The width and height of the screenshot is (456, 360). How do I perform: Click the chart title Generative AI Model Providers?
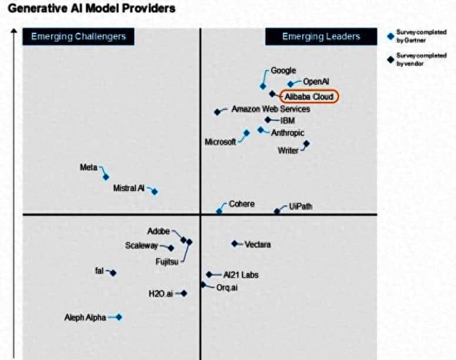coord(91,9)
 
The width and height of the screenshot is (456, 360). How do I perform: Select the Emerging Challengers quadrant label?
coord(78,36)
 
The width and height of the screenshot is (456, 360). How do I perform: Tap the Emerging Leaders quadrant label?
coord(321,36)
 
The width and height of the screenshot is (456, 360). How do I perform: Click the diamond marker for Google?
coord(263,86)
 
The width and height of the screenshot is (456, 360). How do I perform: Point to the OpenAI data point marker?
coord(291,84)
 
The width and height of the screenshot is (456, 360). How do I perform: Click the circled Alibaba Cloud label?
coord(309,96)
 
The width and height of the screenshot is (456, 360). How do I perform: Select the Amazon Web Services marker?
coord(217,112)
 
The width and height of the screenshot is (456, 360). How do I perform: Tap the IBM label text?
coord(288,121)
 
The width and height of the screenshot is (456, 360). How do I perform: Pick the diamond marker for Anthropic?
coord(261,130)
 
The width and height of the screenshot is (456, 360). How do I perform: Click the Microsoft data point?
coord(247,133)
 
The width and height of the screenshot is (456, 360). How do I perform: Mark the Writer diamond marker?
coord(306,144)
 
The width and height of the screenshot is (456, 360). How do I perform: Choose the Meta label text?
coord(88,168)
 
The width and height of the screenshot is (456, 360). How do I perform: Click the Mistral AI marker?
coord(155,192)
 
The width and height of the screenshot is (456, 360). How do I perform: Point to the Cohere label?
coord(242,204)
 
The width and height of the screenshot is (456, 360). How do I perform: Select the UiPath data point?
coord(277,211)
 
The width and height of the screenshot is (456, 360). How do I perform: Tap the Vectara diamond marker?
coord(234,244)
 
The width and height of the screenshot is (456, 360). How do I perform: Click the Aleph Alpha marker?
coord(119,317)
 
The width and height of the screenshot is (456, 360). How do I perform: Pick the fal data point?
coord(113,273)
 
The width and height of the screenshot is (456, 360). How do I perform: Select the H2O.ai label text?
coord(161,293)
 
